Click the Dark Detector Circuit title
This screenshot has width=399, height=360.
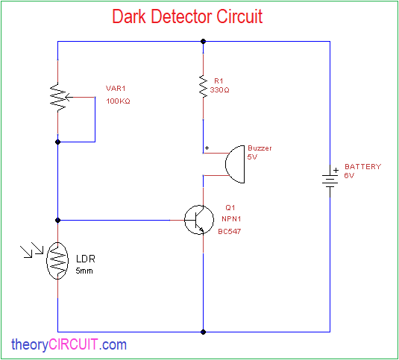(x=187, y=16)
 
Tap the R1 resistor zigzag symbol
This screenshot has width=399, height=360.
(x=203, y=86)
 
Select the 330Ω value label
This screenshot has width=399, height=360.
(x=219, y=90)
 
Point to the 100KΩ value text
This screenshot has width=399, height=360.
(x=118, y=101)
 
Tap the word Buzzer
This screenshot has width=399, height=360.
(x=260, y=148)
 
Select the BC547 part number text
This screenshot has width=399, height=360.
(x=229, y=231)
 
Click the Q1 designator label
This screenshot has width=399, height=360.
(x=230, y=208)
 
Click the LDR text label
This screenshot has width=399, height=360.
(x=86, y=259)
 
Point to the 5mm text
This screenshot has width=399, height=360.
(x=84, y=271)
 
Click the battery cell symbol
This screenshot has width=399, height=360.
(x=330, y=180)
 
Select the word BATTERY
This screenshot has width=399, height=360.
(x=363, y=167)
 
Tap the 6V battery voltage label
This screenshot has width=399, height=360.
(x=349, y=176)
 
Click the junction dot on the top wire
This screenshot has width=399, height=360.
(x=203, y=41)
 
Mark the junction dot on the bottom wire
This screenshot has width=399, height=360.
(x=203, y=332)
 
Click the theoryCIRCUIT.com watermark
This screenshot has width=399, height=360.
(x=69, y=345)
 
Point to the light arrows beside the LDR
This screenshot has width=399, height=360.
(x=32, y=250)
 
